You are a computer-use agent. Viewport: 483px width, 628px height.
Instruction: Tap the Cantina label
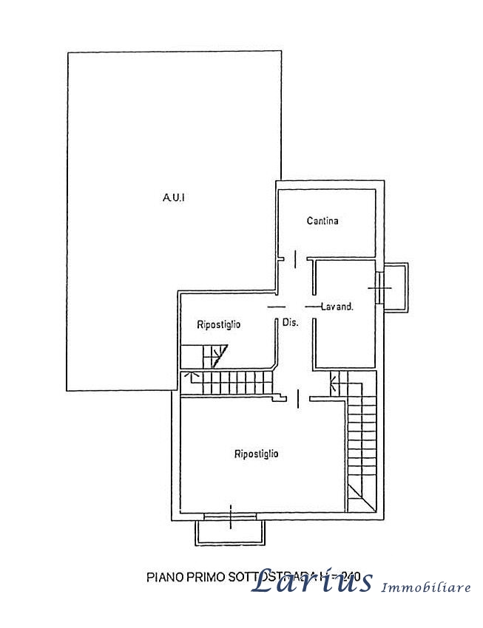coord(322,220)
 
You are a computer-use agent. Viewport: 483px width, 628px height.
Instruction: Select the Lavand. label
coord(336,306)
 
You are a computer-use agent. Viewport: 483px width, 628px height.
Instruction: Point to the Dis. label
coord(290,322)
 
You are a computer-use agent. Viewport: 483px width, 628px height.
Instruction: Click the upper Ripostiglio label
coord(218,324)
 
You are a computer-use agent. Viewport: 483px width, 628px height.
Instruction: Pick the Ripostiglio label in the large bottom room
coord(256,454)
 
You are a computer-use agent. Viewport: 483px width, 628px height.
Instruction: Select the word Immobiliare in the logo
coord(426,587)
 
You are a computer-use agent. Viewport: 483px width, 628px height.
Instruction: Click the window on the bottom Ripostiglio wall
coord(230,515)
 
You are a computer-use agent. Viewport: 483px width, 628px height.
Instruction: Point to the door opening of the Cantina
coord(295,259)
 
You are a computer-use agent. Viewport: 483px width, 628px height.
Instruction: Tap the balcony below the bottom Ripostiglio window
coord(230,532)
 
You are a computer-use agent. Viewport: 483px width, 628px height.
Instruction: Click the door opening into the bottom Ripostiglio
coord(297,399)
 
